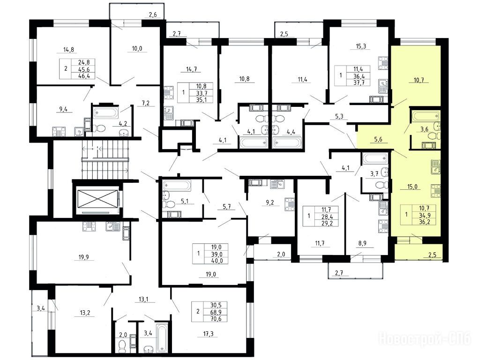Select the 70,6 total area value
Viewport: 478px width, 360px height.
[217, 319]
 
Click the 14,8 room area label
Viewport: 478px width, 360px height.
[68, 49]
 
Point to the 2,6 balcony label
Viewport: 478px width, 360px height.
[153, 15]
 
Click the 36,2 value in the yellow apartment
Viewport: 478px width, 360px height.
[425, 222]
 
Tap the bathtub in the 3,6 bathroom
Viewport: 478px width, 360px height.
[425, 116]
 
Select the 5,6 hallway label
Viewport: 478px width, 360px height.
[378, 139]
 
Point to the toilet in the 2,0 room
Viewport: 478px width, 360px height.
[122, 345]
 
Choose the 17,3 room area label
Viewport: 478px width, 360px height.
[208, 334]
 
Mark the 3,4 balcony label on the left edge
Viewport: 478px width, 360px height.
[41, 309]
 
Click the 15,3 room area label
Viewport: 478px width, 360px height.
[361, 46]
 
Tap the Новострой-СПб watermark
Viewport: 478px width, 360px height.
[425, 338]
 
